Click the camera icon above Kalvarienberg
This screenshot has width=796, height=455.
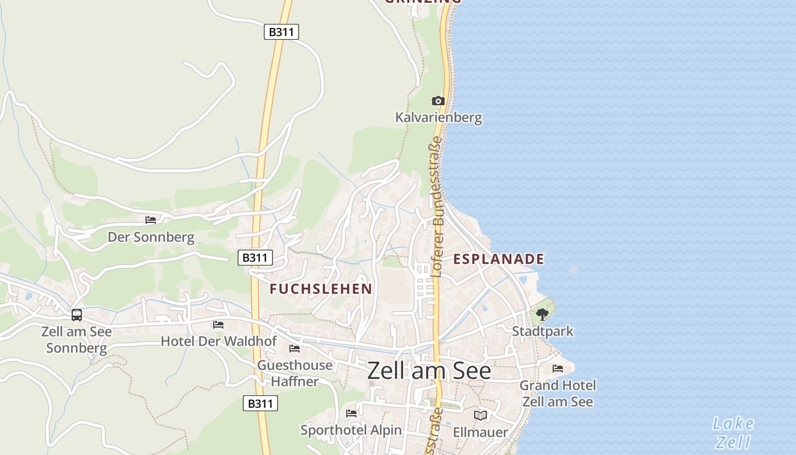[x=437, y=101]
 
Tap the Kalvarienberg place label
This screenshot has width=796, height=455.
[x=438, y=118]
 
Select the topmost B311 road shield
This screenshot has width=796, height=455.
[x=281, y=32]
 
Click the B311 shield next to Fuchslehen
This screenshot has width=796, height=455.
[x=255, y=258]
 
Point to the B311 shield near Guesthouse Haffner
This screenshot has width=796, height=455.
[x=260, y=403]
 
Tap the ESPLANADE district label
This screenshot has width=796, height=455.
[x=498, y=259]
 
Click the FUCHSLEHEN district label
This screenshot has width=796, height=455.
[x=321, y=289]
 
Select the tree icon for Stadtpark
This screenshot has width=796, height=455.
[x=542, y=313]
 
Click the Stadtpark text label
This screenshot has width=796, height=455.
[x=542, y=331]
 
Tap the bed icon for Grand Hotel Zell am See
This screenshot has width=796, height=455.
[x=557, y=369]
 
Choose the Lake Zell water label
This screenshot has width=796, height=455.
[x=733, y=432]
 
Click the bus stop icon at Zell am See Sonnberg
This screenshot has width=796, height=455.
[x=76, y=315]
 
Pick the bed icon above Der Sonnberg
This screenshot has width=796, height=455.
[x=151, y=220]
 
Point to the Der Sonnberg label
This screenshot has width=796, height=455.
[x=151, y=237]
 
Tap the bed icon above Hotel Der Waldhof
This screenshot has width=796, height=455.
[x=218, y=324]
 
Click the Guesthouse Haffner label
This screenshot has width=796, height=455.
[x=295, y=373]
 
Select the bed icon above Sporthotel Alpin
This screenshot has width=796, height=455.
[x=351, y=413]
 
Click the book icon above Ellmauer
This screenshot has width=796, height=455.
[x=480, y=415]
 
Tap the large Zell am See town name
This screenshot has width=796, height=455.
[x=429, y=371]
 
